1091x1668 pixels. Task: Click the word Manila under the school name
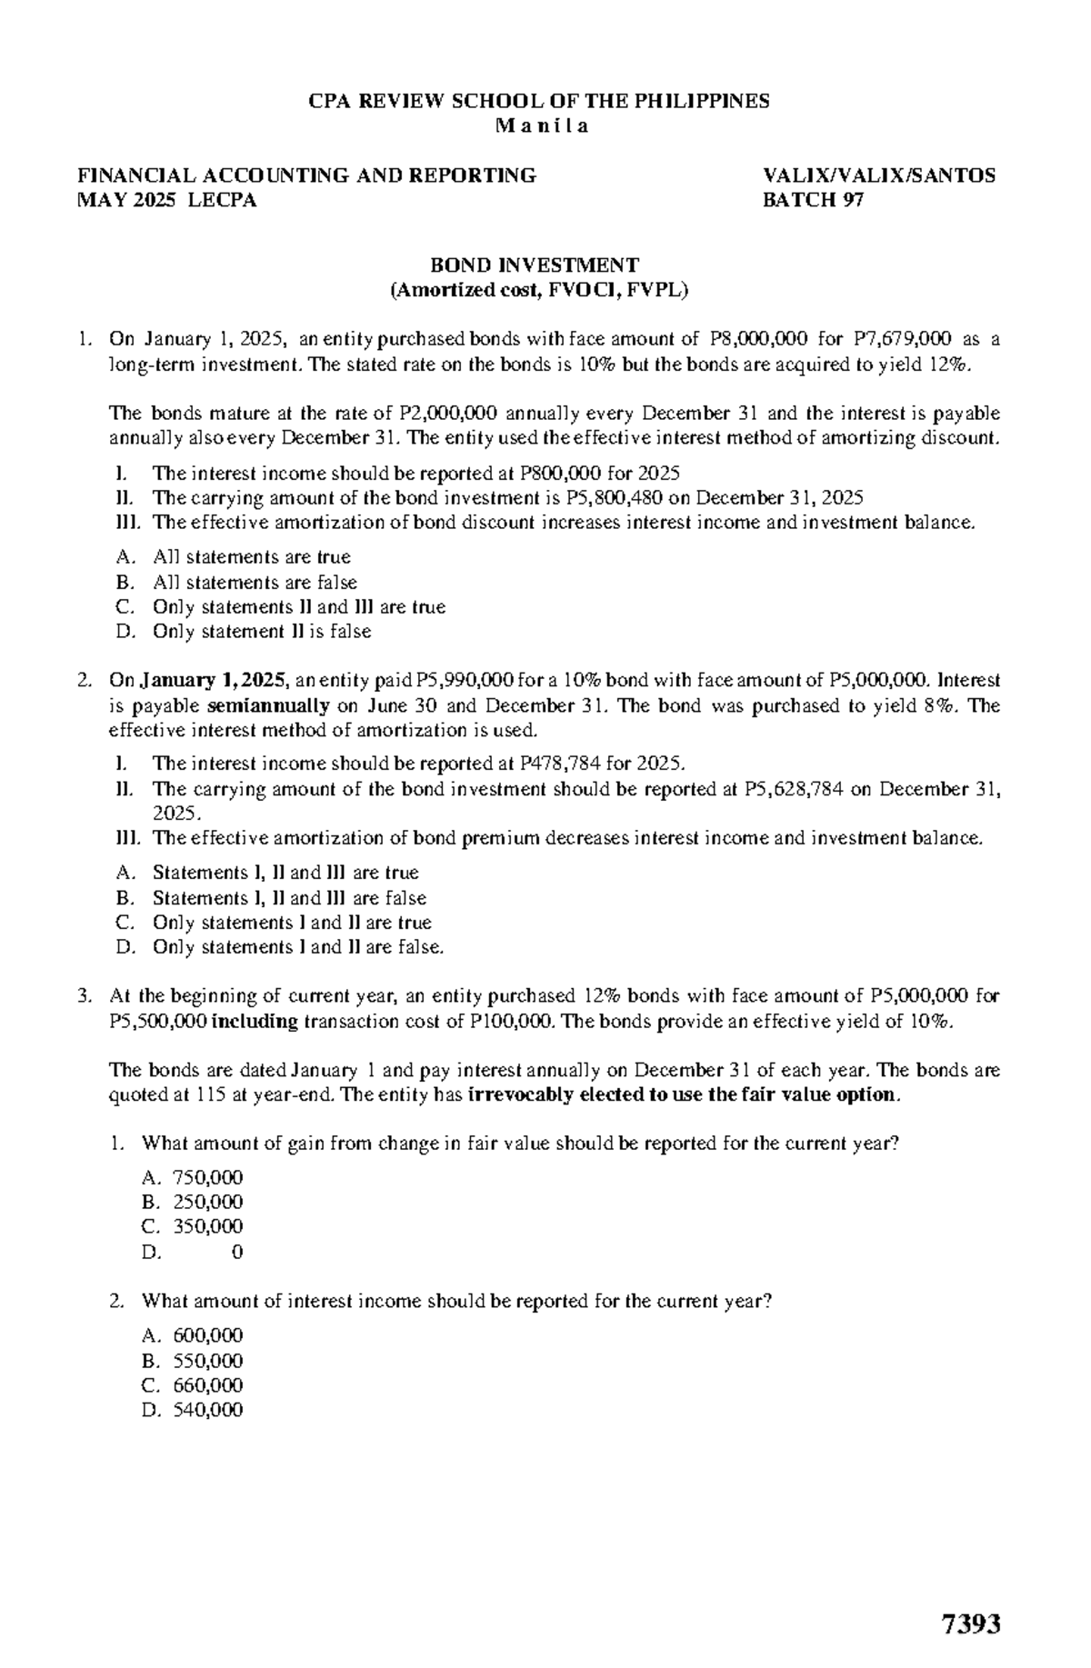[x=542, y=126]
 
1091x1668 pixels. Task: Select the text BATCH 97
[x=813, y=200]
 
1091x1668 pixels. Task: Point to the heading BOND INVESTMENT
[x=535, y=265]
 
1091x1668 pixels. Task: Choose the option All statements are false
[x=255, y=583]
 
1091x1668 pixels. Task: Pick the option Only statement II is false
[x=262, y=632]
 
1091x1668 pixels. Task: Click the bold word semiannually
[x=268, y=705]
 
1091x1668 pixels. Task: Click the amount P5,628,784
[x=794, y=789]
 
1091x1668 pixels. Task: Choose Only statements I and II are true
[x=292, y=923]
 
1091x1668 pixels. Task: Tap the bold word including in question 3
[x=255, y=1021]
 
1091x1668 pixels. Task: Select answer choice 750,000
[x=208, y=1178]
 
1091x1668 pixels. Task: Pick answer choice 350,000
[x=208, y=1227]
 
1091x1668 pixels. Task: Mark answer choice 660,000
[x=208, y=1385]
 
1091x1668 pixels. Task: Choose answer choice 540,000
[x=208, y=1410]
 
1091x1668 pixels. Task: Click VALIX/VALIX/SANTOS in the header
[x=879, y=175]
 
